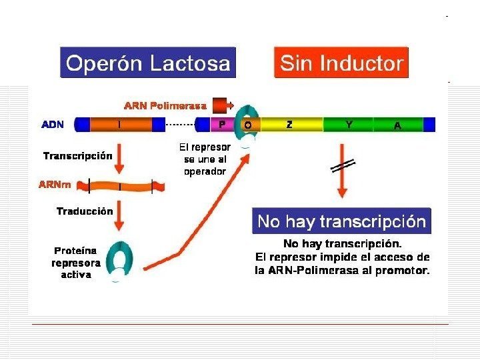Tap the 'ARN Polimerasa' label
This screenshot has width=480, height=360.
pyautogui.click(x=165, y=105)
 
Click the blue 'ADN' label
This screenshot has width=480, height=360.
pyautogui.click(x=53, y=125)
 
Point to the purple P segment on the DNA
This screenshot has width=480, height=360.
pyautogui.click(x=222, y=125)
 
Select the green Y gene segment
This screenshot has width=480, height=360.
pyautogui.click(x=348, y=125)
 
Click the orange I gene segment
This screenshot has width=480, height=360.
pyautogui.click(x=120, y=125)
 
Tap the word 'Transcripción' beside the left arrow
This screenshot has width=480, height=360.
pyautogui.click(x=77, y=156)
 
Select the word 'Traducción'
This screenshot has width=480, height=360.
pyautogui.click(x=84, y=211)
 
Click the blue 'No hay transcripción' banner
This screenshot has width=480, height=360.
pyautogui.click(x=341, y=221)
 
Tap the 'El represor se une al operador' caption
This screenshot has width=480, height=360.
pyautogui.click(x=205, y=159)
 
